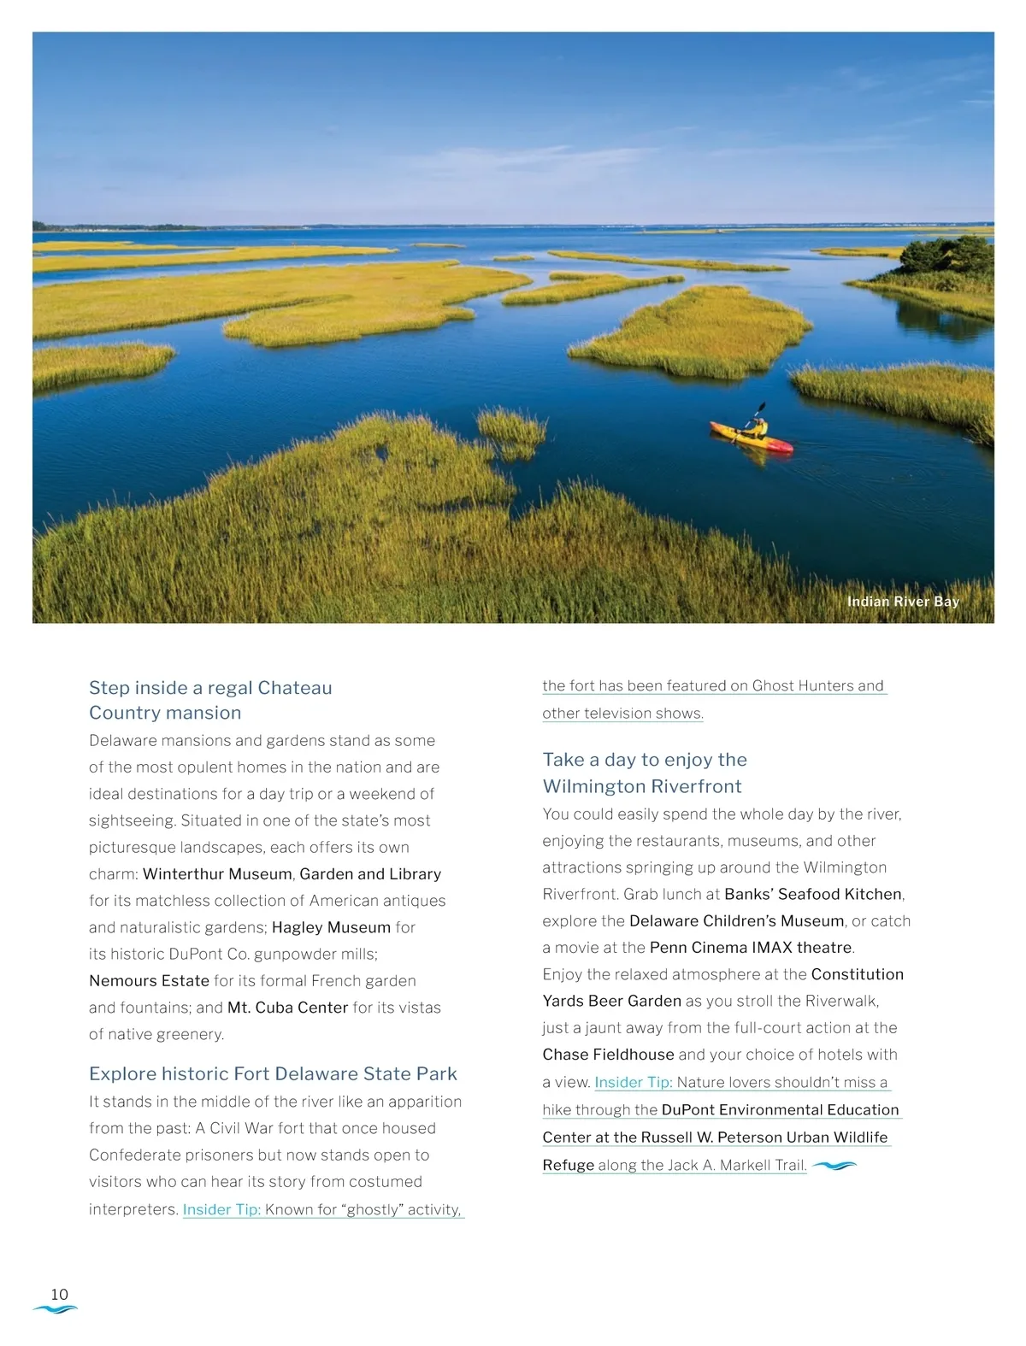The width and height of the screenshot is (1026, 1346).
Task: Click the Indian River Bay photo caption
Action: [x=903, y=602]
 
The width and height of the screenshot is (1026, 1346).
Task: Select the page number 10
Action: [x=59, y=1294]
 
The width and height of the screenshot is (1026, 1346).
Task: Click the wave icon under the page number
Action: [x=55, y=1309]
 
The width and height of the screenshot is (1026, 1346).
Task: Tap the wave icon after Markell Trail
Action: [x=834, y=1165]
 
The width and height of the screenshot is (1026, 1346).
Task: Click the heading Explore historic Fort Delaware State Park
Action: [x=273, y=1073]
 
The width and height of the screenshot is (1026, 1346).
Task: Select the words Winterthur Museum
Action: [x=217, y=873]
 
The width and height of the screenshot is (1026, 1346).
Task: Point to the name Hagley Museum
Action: [x=331, y=927]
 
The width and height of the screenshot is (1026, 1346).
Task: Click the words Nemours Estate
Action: [x=149, y=980]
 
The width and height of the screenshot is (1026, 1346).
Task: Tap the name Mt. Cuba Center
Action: [x=287, y=1008]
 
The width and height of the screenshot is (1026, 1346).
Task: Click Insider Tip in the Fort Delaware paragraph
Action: [x=221, y=1209]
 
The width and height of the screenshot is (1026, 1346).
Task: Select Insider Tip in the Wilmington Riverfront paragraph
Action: [x=634, y=1082]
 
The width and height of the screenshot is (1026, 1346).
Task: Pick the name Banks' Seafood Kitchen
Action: [x=812, y=894]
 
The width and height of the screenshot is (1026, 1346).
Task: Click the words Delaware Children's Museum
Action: [x=736, y=920]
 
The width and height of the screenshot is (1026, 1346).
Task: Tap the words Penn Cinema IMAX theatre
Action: [x=751, y=947]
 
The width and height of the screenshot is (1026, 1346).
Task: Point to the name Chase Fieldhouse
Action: [x=608, y=1055]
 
